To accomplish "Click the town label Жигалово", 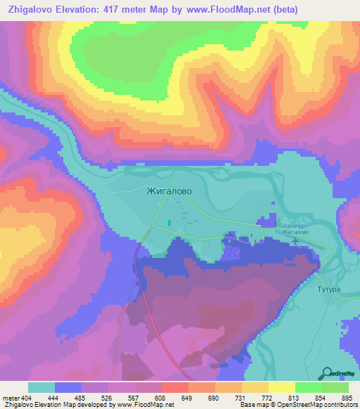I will [169, 190].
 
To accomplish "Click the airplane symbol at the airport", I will [295, 241].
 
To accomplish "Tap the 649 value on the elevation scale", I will [187, 397].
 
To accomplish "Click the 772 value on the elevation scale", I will [267, 397].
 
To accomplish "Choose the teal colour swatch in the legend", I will [41, 387].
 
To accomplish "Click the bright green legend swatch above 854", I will [309, 387].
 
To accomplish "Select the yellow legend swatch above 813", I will [282, 387].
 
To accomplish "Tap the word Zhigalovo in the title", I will [32, 9].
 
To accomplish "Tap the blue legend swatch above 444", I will [68, 387].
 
